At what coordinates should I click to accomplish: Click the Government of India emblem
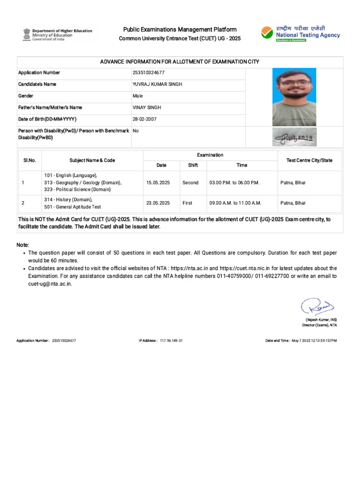tap(25, 34)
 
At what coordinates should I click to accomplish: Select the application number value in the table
tap(149, 73)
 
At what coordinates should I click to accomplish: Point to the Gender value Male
tap(137, 96)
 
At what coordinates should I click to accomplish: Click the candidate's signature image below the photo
tap(294, 137)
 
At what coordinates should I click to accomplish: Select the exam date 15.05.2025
tap(158, 183)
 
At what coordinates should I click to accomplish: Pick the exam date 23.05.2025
tap(158, 203)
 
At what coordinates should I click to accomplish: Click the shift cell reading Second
tap(190, 183)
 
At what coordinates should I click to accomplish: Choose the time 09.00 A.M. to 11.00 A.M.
tap(235, 203)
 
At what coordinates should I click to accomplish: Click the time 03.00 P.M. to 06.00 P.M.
tap(234, 183)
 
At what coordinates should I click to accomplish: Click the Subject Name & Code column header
tap(92, 160)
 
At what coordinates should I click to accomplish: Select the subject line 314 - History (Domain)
tap(68, 199)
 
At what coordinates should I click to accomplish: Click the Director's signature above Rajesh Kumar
tap(317, 307)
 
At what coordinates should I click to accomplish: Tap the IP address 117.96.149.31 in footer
tap(171, 340)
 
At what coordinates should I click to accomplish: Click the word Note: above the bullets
tap(22, 245)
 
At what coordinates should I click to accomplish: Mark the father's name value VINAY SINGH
tap(147, 107)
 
